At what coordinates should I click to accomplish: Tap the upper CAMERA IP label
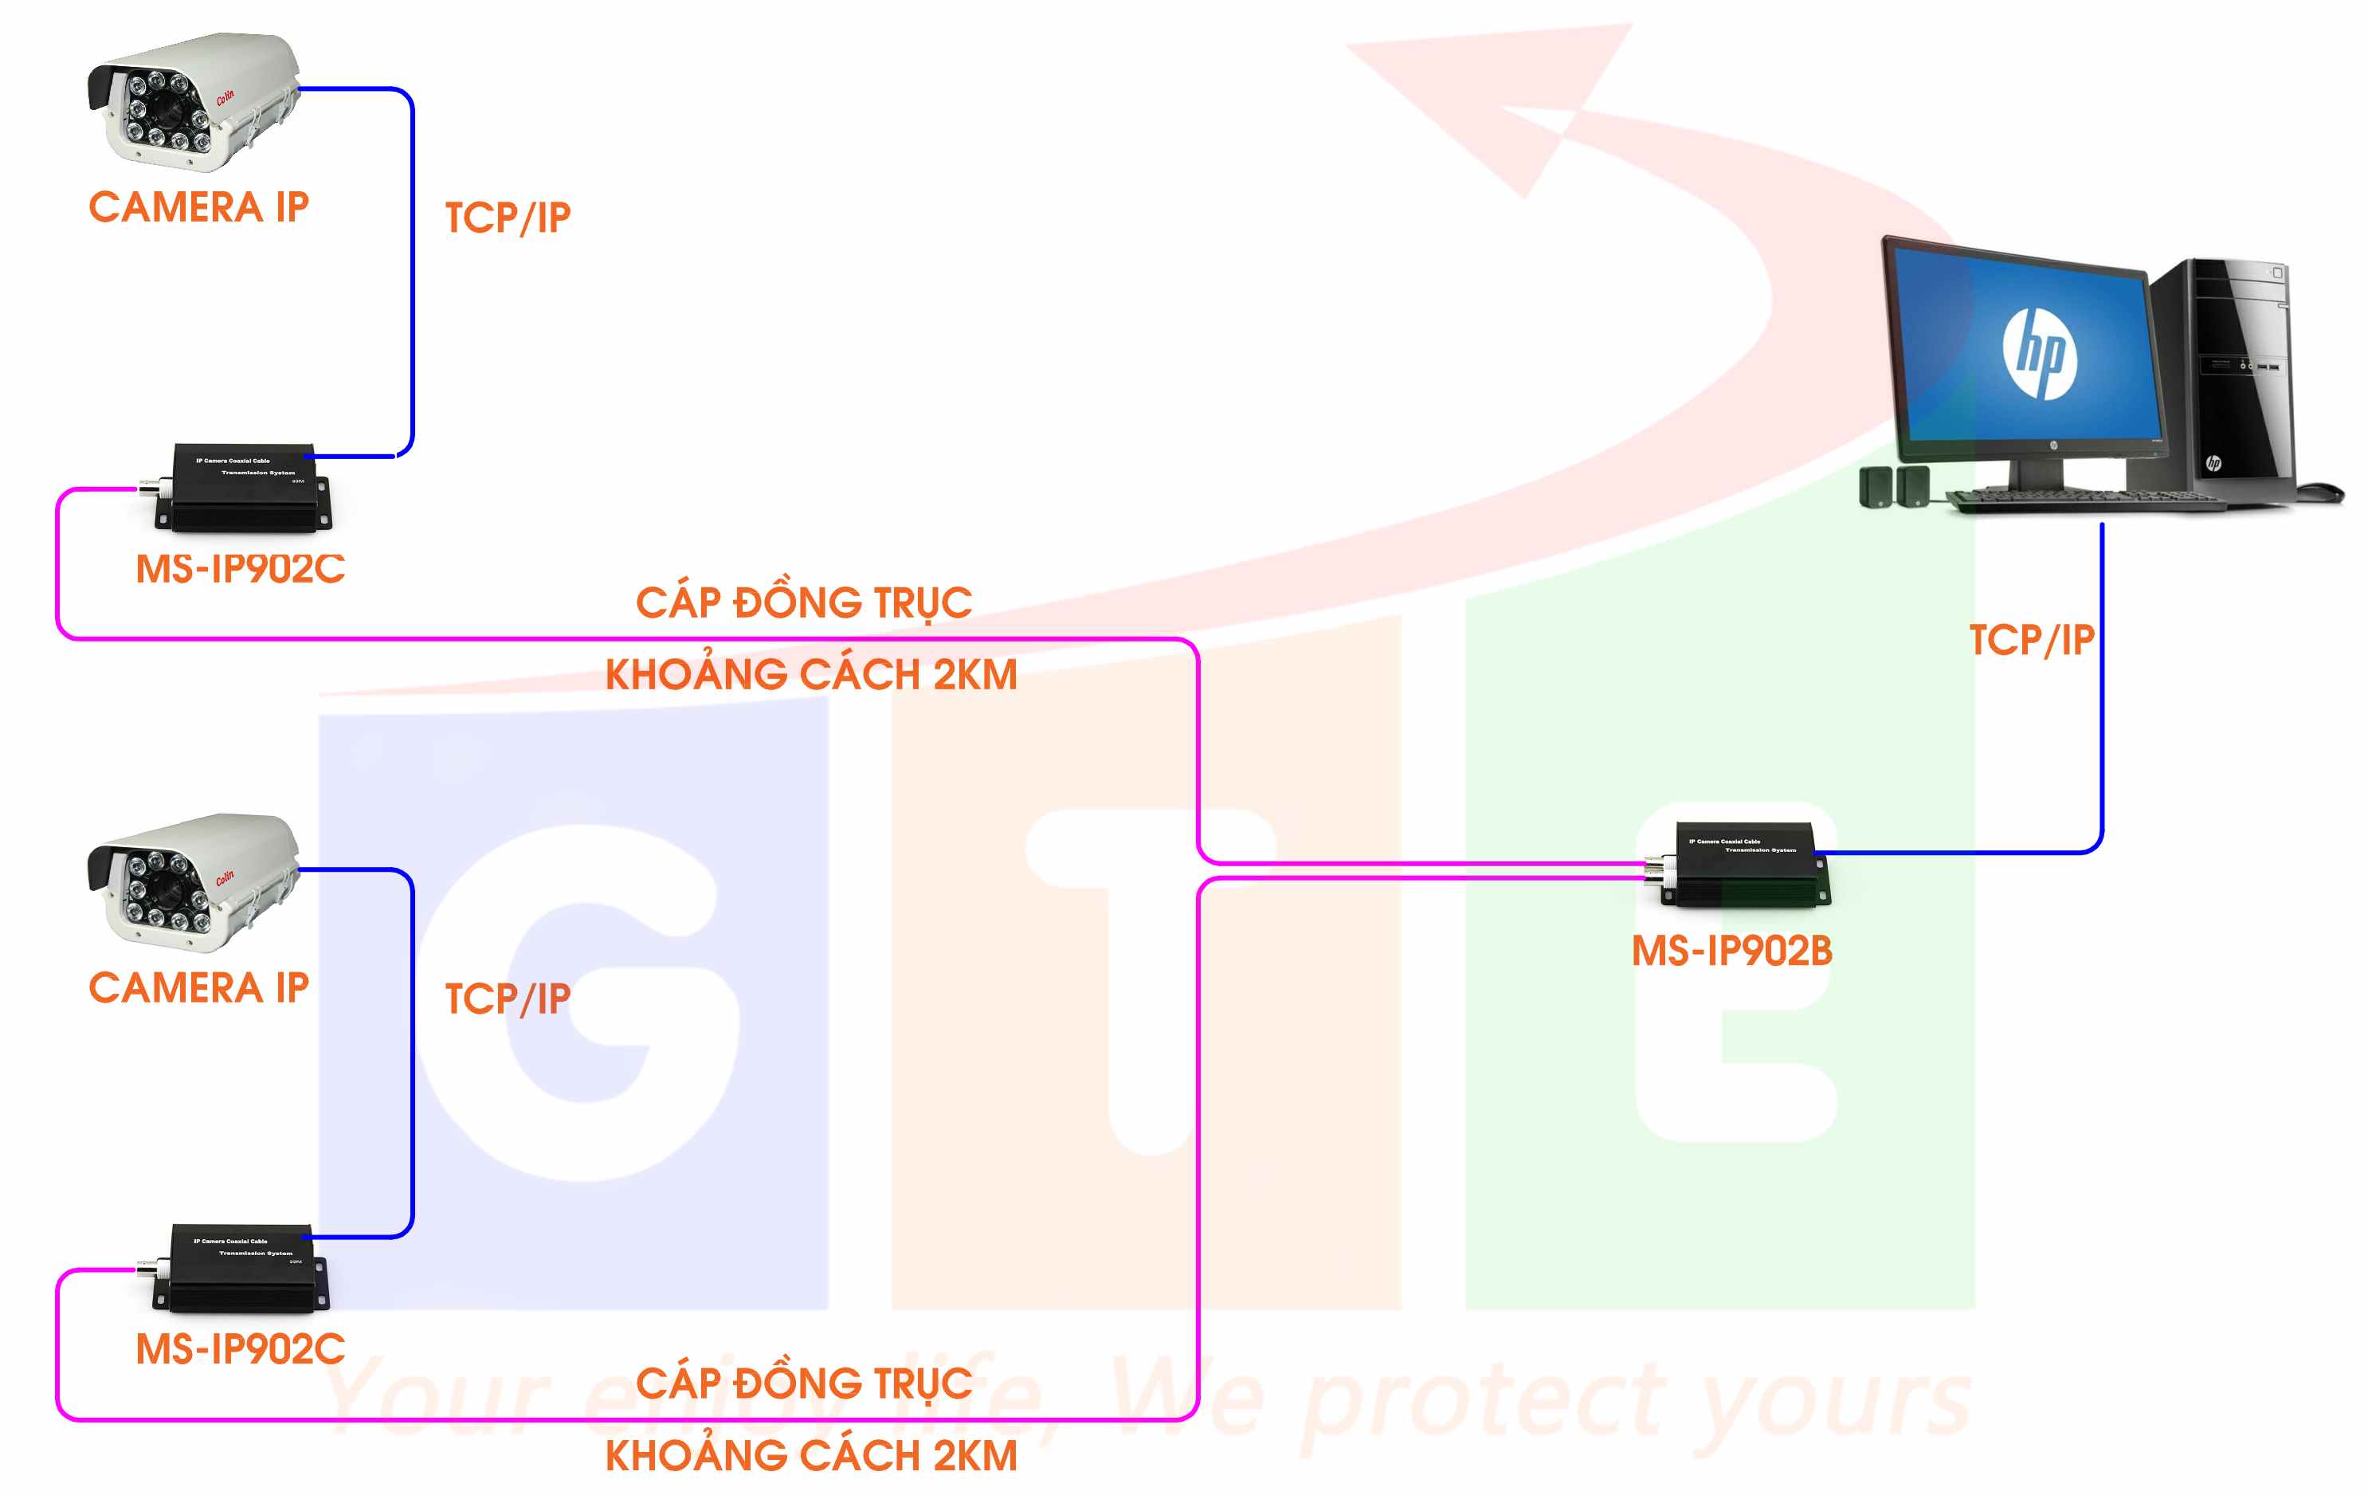point(198,207)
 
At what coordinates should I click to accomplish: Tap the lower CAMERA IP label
point(198,987)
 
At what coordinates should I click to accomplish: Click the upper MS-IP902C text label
point(241,568)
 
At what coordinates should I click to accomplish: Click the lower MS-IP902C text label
point(241,1348)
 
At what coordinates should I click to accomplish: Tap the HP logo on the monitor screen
point(2041,352)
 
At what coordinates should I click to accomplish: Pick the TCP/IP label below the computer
point(2032,640)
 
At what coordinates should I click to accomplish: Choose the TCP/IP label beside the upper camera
point(508,218)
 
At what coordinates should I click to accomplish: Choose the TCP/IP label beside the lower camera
point(508,999)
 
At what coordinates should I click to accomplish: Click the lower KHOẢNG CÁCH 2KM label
point(811,1456)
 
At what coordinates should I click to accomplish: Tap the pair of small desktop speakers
point(1894,487)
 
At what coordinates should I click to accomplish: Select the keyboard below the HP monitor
point(2085,500)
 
